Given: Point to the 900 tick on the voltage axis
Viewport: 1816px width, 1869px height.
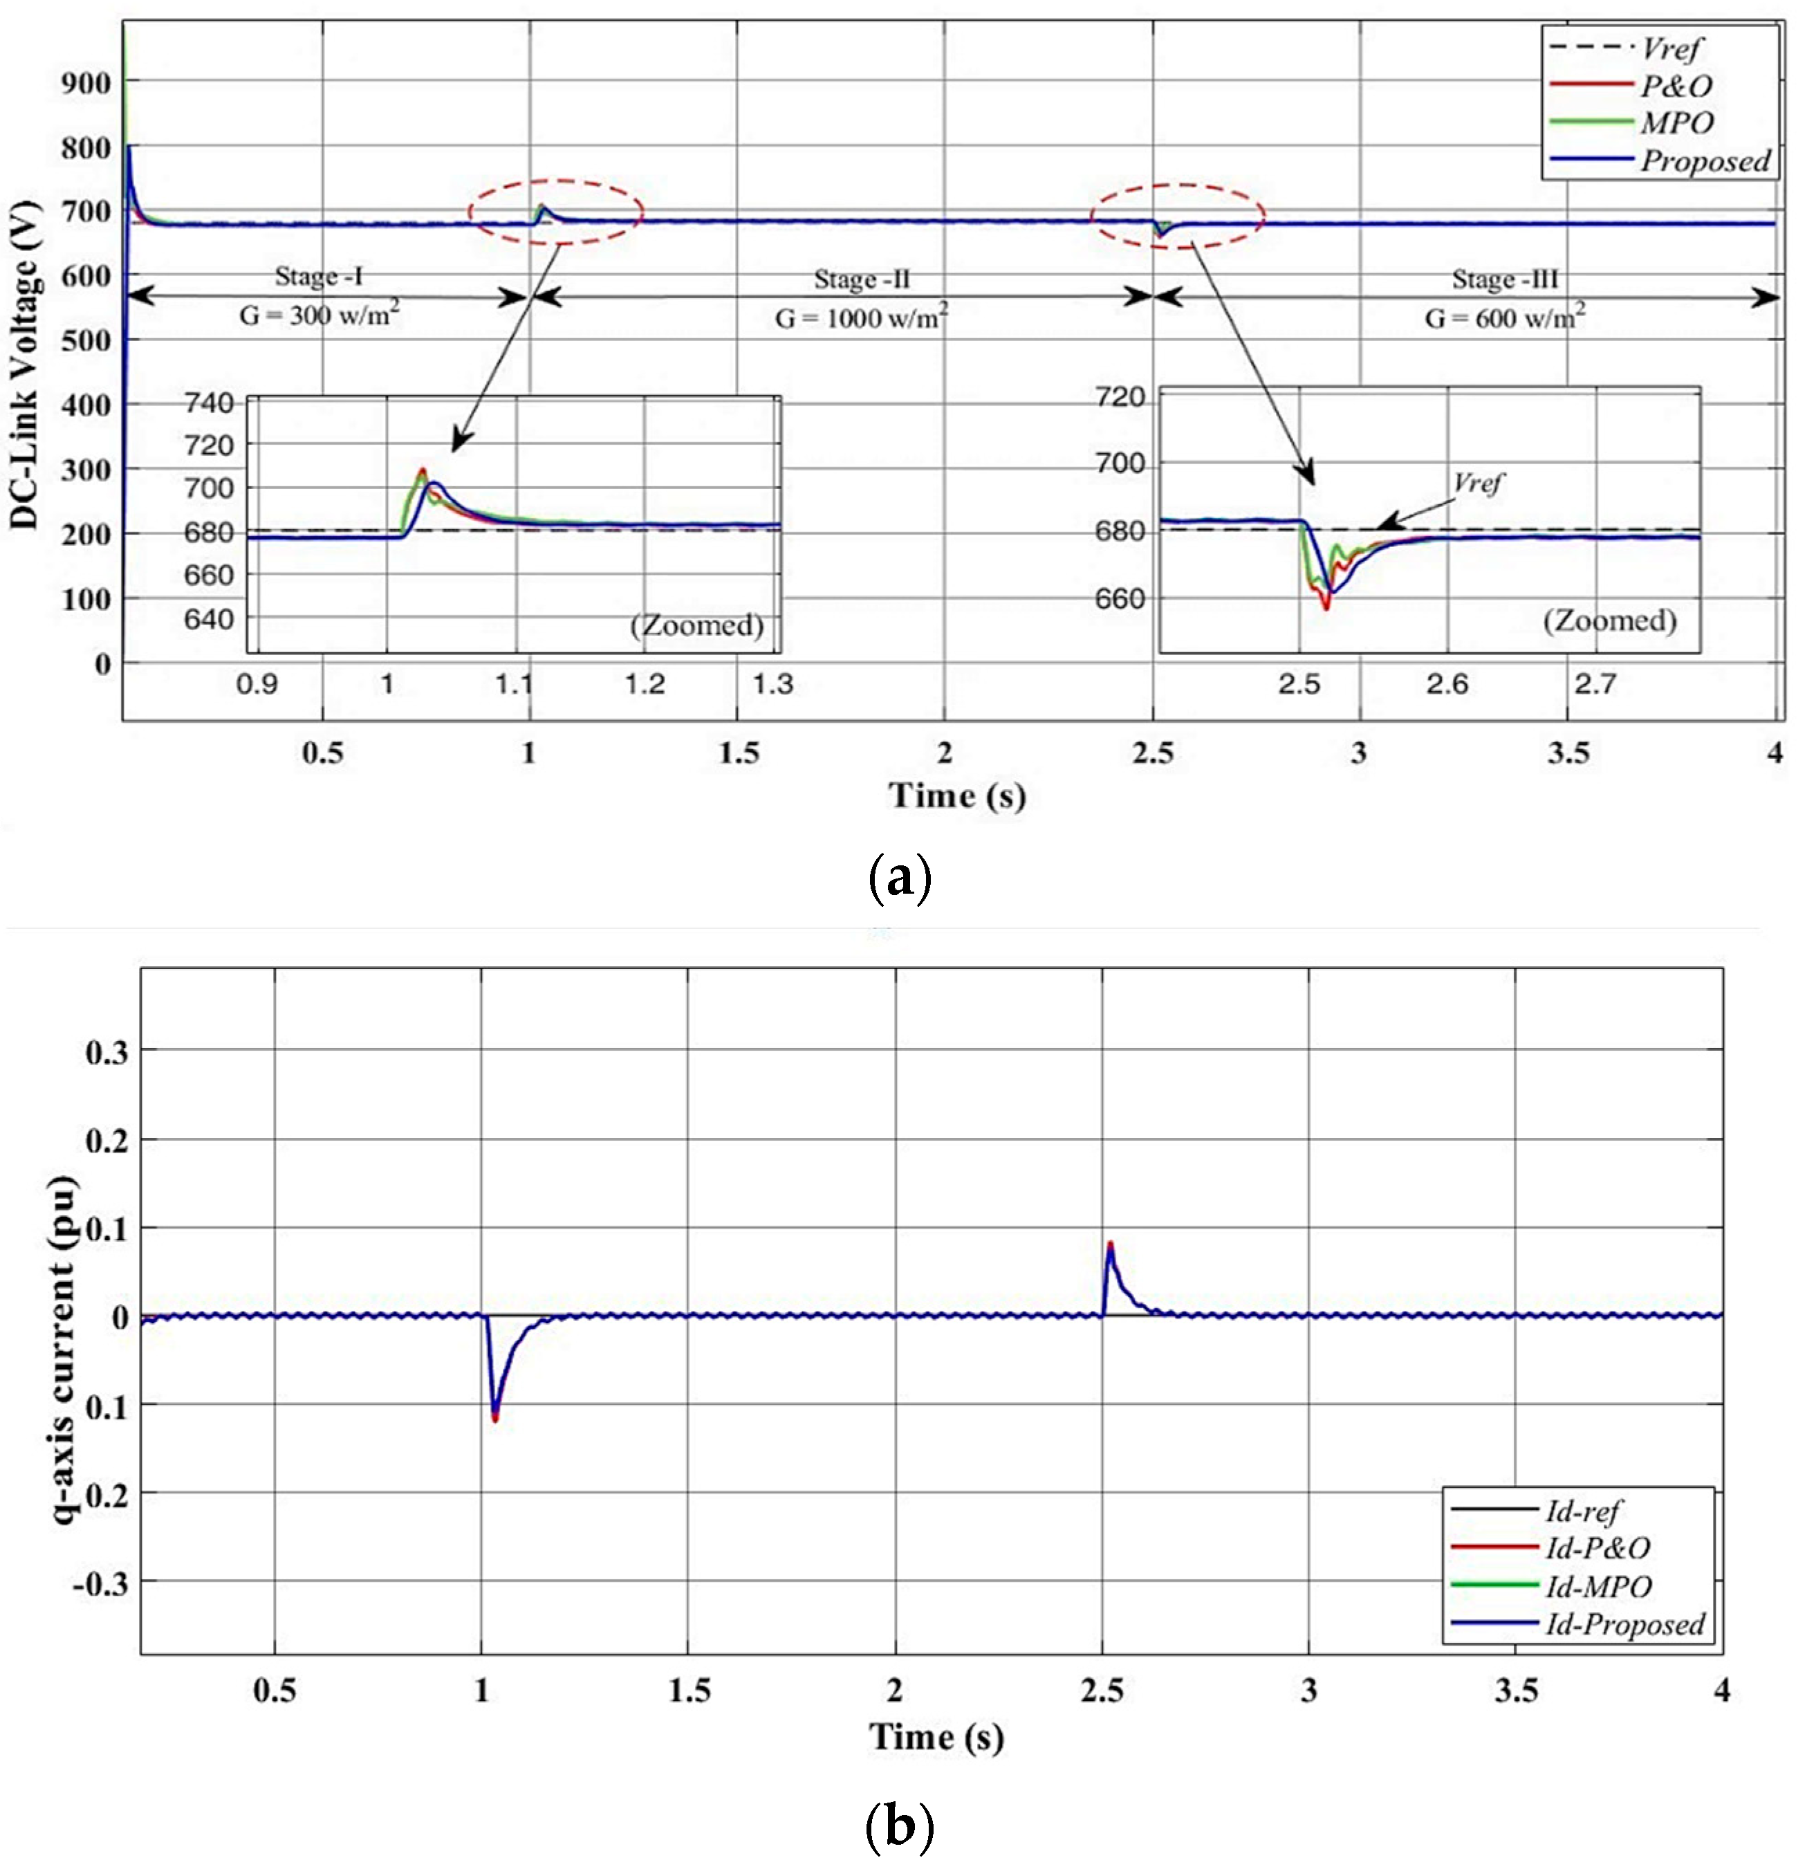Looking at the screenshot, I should (86, 84).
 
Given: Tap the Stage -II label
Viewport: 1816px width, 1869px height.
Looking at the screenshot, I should (861, 279).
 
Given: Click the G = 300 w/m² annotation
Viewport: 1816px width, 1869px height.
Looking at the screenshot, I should (319, 314).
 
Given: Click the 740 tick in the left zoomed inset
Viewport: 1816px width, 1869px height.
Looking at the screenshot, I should (209, 403).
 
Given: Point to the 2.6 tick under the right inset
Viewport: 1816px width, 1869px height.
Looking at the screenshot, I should (1447, 684).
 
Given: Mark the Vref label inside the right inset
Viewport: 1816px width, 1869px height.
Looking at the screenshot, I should (1477, 483).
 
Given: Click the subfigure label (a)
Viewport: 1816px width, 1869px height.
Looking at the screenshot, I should (900, 878).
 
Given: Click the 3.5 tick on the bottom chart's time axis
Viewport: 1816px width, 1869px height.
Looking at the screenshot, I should (1516, 1691).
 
